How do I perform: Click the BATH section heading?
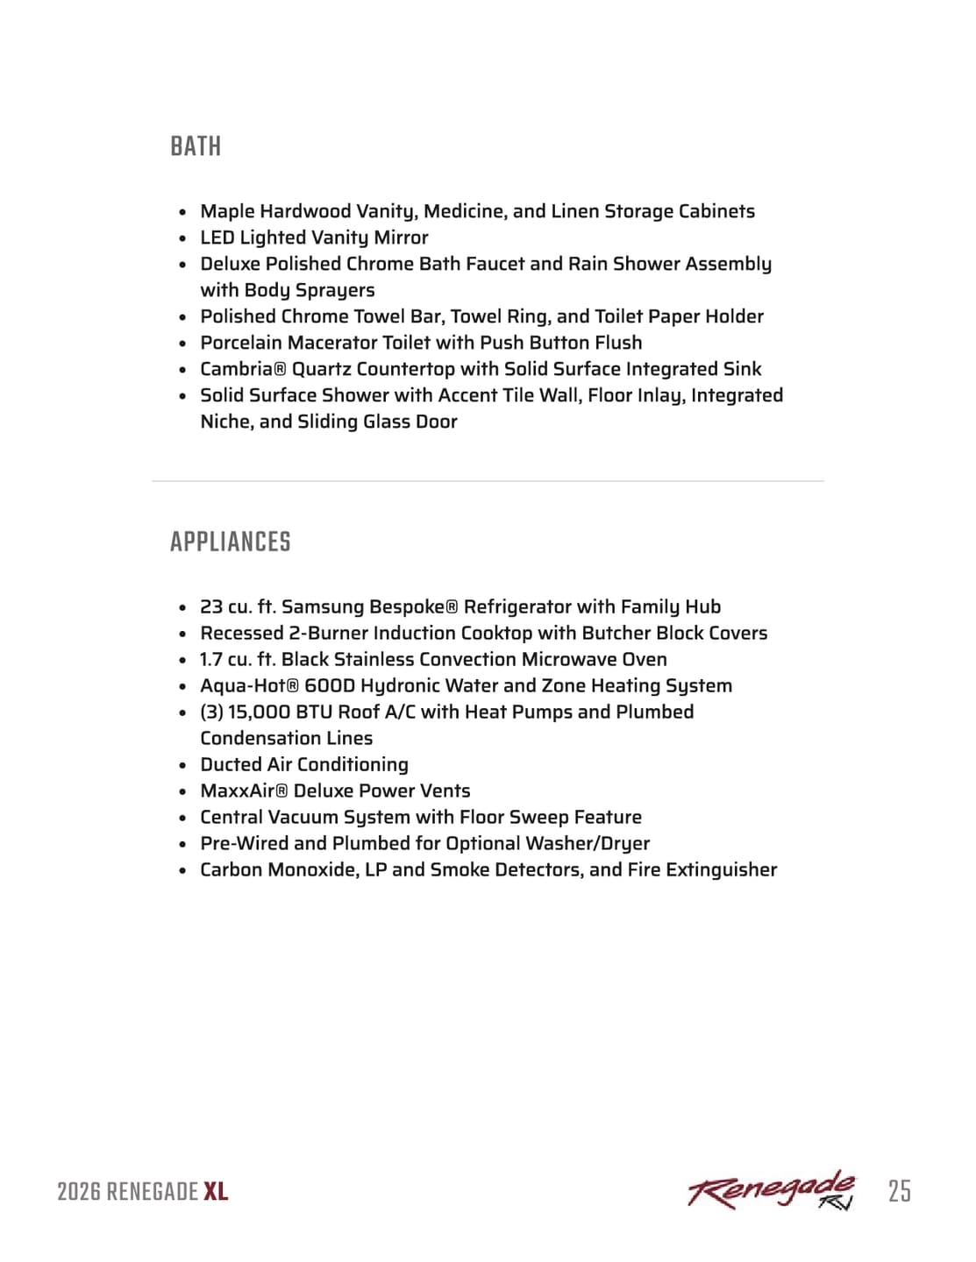(x=196, y=146)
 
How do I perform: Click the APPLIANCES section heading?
(x=230, y=542)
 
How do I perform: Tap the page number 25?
(x=899, y=1191)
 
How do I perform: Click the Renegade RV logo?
(x=772, y=1190)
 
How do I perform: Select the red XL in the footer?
(x=216, y=1192)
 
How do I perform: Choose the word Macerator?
(x=334, y=343)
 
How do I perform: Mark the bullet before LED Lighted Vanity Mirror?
(x=182, y=238)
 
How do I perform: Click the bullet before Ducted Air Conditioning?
(x=182, y=765)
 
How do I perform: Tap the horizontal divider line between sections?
(x=488, y=481)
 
